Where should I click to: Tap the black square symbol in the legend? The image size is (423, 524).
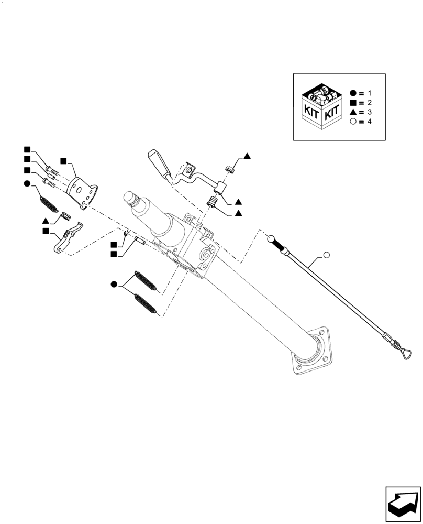pos(353,103)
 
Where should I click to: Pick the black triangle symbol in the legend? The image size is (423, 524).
pos(353,112)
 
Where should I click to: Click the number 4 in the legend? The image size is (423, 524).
pos(369,122)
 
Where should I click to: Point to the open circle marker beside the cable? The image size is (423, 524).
pos(326,255)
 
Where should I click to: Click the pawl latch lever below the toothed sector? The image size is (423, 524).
pos(68,238)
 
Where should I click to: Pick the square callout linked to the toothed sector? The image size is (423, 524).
pos(62,160)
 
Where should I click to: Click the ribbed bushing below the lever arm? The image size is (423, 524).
pos(213,201)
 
